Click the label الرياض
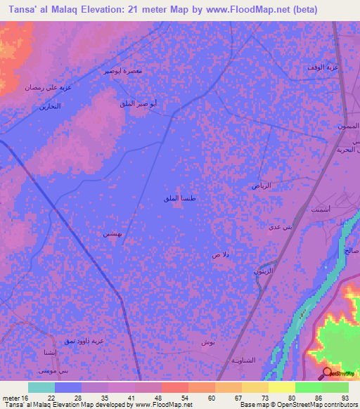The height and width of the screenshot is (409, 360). coord(262,186)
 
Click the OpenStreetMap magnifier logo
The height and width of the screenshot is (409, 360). coord(326,372)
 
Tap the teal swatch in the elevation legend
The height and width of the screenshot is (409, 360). coord(41,387)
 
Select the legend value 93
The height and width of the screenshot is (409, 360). coord(345,398)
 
